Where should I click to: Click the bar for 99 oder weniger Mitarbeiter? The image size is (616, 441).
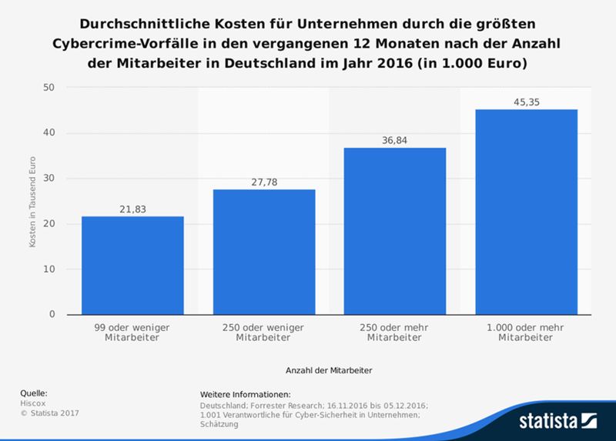(132, 265)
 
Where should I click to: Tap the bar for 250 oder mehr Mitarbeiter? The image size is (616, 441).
(394, 231)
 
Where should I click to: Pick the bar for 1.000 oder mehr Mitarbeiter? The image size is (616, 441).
(526, 212)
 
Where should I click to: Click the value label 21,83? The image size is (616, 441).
(132, 209)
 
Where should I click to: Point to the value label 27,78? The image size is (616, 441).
(263, 182)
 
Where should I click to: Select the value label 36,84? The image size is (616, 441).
(394, 140)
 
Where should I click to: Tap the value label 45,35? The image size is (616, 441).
(526, 102)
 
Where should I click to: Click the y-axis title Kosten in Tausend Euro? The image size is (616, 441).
(32, 202)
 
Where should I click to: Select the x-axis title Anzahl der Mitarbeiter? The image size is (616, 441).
(329, 370)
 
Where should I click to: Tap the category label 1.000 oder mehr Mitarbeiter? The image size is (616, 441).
(526, 332)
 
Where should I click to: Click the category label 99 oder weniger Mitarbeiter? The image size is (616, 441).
(132, 332)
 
